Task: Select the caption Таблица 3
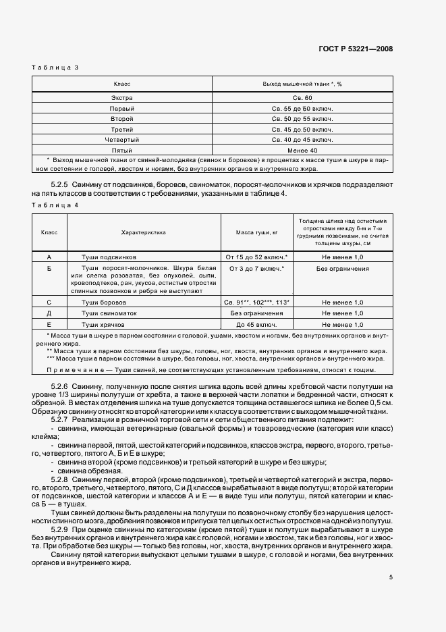coord(56,68)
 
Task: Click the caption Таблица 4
coord(56,205)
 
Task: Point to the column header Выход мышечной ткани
coord(302,84)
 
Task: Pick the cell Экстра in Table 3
coord(122,98)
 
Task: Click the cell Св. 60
coord(302,98)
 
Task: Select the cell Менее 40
coord(302,149)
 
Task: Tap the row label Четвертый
coord(122,139)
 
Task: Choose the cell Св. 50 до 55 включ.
coord(302,119)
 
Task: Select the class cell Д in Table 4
coord(49,313)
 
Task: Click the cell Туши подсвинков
coord(109,257)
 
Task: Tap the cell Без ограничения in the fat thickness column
coord(342,269)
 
